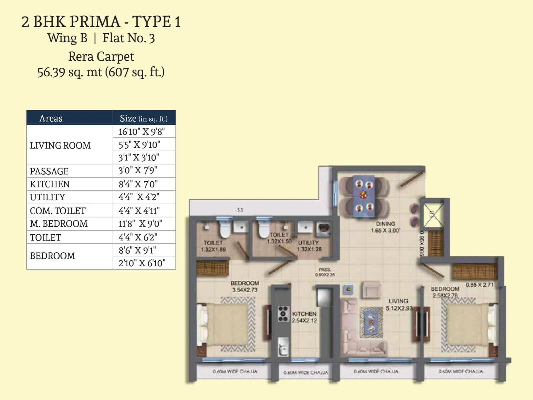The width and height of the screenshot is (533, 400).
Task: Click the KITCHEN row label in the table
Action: pyautogui.click(x=50, y=184)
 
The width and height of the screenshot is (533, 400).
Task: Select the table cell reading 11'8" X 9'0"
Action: pyautogui.click(x=140, y=224)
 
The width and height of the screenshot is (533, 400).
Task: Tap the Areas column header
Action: pyautogui.click(x=51, y=118)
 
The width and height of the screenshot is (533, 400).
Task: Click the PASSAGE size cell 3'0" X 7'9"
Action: pyautogui.click(x=138, y=171)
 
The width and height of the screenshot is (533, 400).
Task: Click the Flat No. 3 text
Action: pyautogui.click(x=129, y=38)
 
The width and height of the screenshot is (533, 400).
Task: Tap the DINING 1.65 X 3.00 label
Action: pyautogui.click(x=385, y=227)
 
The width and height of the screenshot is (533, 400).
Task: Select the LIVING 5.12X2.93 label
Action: pyautogui.click(x=399, y=304)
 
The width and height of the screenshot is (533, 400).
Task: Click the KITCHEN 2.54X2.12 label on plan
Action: pyautogui.click(x=304, y=317)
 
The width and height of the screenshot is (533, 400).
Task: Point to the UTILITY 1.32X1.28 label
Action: pyautogui.click(x=309, y=246)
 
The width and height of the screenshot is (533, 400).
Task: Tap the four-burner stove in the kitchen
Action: pyautogui.click(x=283, y=314)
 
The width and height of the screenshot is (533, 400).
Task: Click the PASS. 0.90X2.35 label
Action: pyautogui.click(x=325, y=272)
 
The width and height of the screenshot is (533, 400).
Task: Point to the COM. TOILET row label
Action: pyautogui.click(x=58, y=211)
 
